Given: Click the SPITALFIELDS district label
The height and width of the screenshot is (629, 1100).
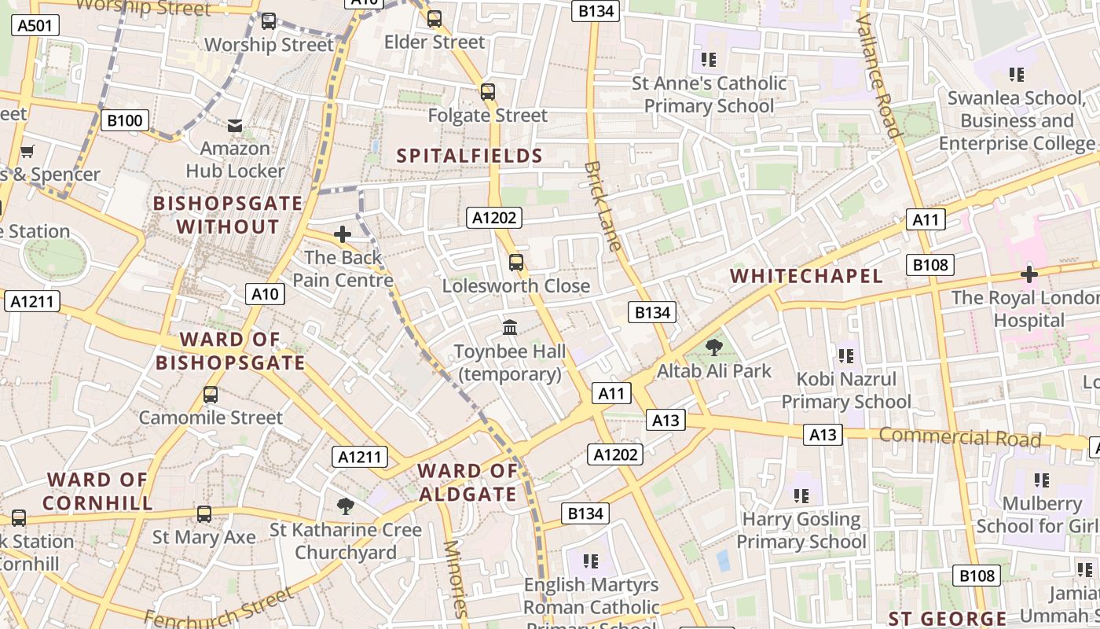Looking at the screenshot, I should [x=469, y=156].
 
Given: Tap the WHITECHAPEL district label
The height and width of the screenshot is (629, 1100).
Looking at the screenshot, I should [x=806, y=276].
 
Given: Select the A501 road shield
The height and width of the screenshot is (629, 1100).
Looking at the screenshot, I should [x=35, y=25].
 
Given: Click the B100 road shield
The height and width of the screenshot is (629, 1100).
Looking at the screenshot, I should [x=124, y=120].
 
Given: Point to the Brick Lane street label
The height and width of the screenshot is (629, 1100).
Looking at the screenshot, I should [x=603, y=206].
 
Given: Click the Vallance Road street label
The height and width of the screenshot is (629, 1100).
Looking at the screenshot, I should [x=878, y=76].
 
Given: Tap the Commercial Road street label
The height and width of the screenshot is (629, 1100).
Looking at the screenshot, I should [x=959, y=437].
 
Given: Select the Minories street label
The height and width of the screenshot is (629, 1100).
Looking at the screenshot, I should [x=455, y=579].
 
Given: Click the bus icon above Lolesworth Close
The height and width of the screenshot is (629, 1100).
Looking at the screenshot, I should [x=515, y=263].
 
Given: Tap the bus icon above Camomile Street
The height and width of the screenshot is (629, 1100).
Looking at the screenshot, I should [x=210, y=395].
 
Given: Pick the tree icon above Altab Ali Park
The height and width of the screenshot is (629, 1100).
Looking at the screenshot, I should [x=713, y=347].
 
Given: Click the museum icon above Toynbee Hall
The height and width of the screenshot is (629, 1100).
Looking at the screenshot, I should [x=509, y=327].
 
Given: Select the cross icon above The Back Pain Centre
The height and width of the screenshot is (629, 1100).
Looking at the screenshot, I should [x=342, y=234].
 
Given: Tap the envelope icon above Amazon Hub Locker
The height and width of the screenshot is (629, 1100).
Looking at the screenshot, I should [x=234, y=125].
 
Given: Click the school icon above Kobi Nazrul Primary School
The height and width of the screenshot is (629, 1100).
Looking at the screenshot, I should [x=845, y=356].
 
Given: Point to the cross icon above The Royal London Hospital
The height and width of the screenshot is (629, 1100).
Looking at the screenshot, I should [x=1028, y=274].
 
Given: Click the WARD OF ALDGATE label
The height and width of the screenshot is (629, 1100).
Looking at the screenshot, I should [x=467, y=483].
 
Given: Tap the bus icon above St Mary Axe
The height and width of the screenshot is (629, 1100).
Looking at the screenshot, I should [x=203, y=514].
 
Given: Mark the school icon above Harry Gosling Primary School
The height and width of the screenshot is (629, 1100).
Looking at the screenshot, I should [x=801, y=496].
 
